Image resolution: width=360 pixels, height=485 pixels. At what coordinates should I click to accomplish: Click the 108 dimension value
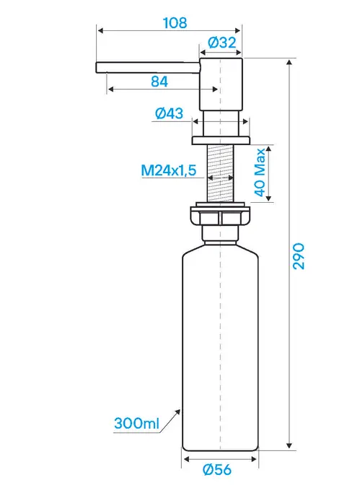pyautogui.click(x=175, y=23)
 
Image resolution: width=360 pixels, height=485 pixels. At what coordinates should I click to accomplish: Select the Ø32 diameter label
pyautogui.click(x=221, y=43)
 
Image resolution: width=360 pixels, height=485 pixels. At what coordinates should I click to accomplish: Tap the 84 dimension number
pyautogui.click(x=159, y=82)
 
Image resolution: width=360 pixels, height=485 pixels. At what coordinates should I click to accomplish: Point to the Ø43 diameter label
pyautogui.click(x=169, y=113)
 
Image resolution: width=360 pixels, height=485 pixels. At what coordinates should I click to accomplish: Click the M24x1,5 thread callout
pyautogui.click(x=169, y=170)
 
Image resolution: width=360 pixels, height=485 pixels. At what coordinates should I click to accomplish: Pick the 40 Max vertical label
pyautogui.click(x=260, y=172)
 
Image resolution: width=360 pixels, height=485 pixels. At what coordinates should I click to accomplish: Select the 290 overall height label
pyautogui.click(x=299, y=256)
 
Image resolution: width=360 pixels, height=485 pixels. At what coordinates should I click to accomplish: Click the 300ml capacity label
pyautogui.click(x=136, y=423)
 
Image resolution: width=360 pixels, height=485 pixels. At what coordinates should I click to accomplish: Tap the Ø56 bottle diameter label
pyautogui.click(x=217, y=470)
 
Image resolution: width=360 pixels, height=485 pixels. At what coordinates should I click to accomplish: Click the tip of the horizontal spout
pyautogui.click(x=97, y=67)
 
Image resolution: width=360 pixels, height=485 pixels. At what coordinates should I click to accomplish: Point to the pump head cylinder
pyautogui.click(x=221, y=84)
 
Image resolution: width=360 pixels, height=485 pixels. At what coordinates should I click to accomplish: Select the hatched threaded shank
pyautogui.click(x=220, y=173)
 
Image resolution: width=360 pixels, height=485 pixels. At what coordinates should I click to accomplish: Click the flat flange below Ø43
pyautogui.click(x=221, y=140)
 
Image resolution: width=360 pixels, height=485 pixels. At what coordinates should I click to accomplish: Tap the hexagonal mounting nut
pyautogui.click(x=220, y=217)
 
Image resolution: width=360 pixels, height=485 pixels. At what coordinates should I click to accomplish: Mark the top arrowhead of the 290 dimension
pyautogui.click(x=289, y=62)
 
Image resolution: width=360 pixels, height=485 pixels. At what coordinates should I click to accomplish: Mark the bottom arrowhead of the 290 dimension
pyautogui.click(x=289, y=445)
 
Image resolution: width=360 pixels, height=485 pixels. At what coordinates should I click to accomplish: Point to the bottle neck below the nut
pyautogui.click(x=220, y=233)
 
